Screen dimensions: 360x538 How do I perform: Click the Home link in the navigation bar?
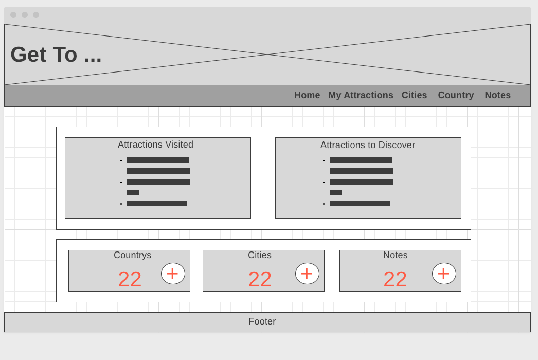coord(307,95)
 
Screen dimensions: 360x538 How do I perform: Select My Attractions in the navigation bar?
coord(361,95)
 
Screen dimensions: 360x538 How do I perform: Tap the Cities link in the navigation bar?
coord(414,95)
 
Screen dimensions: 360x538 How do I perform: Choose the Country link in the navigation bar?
coord(456,95)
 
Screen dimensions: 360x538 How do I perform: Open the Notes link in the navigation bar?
coord(497,95)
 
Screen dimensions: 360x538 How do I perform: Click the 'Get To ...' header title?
coord(56,55)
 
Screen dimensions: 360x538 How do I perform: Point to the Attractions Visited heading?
coord(155,145)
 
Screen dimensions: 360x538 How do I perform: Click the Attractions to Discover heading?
coord(367,145)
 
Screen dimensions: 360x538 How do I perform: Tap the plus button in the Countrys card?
coord(173,274)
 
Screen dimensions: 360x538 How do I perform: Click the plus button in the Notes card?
coord(444,274)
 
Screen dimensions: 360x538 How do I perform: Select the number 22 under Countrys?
coord(130,279)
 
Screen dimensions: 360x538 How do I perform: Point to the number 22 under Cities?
coord(260,279)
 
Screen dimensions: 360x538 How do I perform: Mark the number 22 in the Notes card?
coord(395,279)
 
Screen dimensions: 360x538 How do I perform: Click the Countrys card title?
coord(132,255)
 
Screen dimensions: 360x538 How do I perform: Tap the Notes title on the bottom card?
coord(395,255)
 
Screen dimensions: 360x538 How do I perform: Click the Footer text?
coord(262,321)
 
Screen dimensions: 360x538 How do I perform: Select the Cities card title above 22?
coord(259,255)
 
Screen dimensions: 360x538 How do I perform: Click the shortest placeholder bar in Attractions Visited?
coord(133,192)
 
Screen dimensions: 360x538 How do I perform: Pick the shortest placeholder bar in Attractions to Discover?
coord(336,192)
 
